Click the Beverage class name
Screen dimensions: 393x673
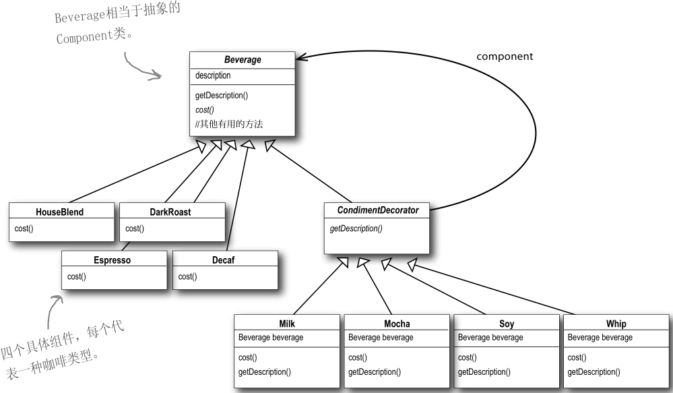click(243, 60)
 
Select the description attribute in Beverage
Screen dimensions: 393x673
click(213, 75)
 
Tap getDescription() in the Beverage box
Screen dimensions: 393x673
click(222, 96)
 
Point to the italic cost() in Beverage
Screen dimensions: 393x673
click(205, 109)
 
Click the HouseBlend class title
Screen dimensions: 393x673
click(60, 212)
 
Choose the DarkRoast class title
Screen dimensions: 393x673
click(170, 212)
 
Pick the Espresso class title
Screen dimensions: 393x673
click(113, 260)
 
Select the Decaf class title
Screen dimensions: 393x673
click(225, 260)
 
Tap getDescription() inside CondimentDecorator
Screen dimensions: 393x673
click(356, 229)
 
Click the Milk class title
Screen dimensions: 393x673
click(287, 324)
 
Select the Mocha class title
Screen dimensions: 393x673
click(397, 324)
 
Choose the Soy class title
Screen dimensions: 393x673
click(507, 324)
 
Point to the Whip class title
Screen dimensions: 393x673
click(616, 324)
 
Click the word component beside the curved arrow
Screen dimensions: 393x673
click(505, 57)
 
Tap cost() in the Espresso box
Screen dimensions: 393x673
click(77, 276)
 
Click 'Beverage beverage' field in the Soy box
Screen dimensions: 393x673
click(490, 337)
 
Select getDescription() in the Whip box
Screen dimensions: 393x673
click(594, 371)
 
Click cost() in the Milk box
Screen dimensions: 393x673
click(248, 357)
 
